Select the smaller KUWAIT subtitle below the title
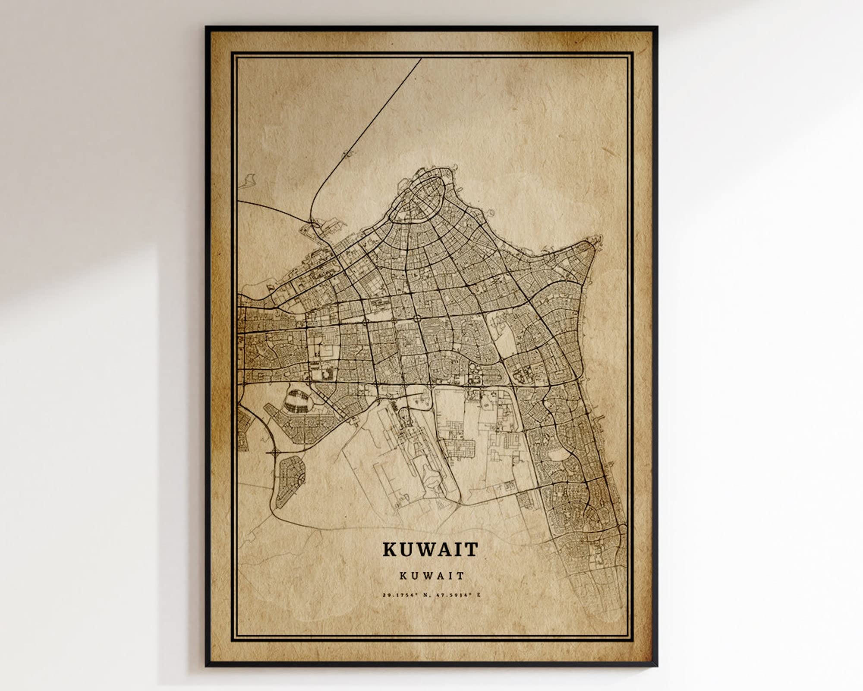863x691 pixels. click(x=431, y=576)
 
